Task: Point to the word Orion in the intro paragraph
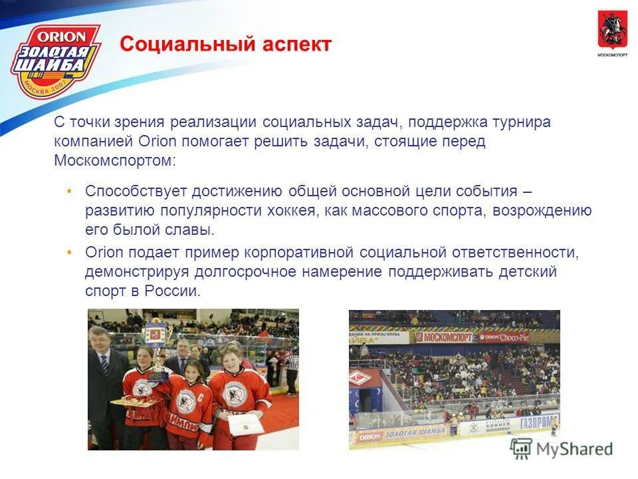[158, 142]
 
